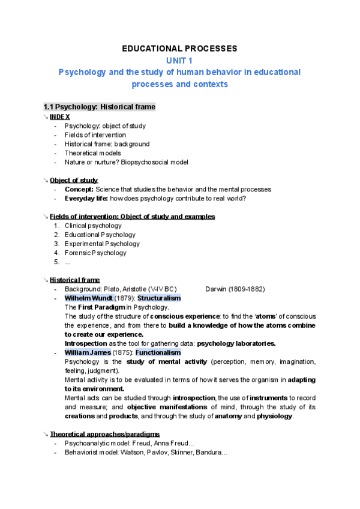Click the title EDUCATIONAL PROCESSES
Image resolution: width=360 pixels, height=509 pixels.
click(x=180, y=48)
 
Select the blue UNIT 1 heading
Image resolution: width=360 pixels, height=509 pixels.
click(x=180, y=60)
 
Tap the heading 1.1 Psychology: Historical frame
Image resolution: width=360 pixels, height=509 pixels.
click(x=100, y=107)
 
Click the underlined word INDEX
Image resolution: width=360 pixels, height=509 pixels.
click(x=60, y=116)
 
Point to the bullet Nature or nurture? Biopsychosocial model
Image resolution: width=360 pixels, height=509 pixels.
click(x=127, y=162)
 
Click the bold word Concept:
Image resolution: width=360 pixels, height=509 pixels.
click(x=79, y=189)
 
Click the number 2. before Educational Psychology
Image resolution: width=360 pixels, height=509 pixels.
click(x=56, y=235)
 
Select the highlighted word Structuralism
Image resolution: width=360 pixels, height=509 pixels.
click(x=159, y=298)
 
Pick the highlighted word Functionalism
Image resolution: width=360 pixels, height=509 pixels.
click(x=158, y=352)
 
